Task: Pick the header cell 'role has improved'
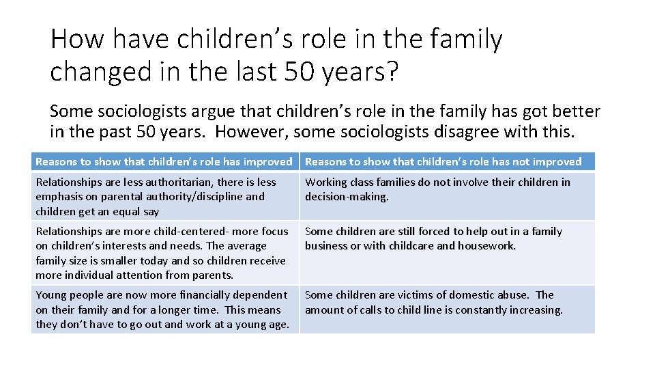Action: [164, 162]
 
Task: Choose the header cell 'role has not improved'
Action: [443, 162]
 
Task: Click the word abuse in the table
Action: [511, 295]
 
